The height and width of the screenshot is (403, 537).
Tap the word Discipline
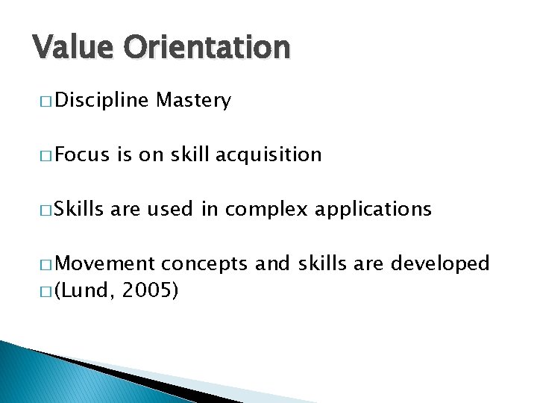(x=101, y=101)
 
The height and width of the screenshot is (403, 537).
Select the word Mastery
(x=194, y=101)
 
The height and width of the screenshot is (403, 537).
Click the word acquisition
(x=268, y=154)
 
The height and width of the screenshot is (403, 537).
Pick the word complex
(x=266, y=209)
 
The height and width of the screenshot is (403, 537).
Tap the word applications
(x=373, y=209)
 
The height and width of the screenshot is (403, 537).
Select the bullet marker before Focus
(x=42, y=155)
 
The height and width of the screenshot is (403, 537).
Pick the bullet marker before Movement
(x=42, y=264)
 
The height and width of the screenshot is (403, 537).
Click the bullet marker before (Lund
(x=42, y=290)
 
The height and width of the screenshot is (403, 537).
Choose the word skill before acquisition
(x=190, y=154)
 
